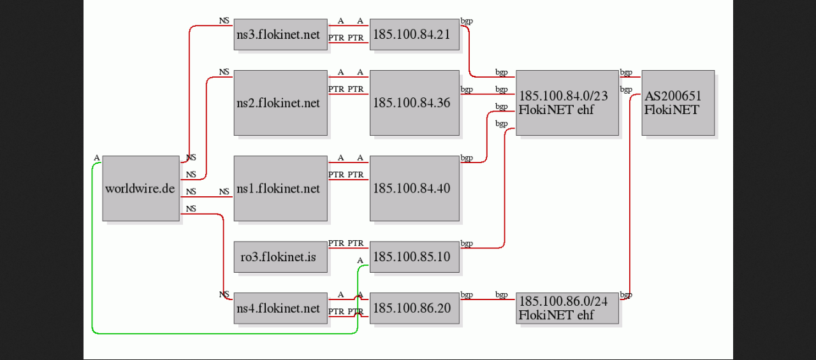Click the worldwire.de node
click(x=141, y=188)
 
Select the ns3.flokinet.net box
click(x=280, y=34)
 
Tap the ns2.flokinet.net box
click(x=280, y=103)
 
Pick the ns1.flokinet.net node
click(x=280, y=188)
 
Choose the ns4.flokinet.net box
click(x=280, y=308)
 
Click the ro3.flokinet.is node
click(x=280, y=257)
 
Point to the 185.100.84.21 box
click(x=414, y=34)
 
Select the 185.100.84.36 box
click(x=414, y=103)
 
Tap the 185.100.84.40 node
click(x=414, y=188)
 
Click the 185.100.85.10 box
click(x=414, y=257)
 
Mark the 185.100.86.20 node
click(x=414, y=308)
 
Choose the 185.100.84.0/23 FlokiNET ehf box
click(x=567, y=103)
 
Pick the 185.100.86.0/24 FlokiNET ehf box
click(x=567, y=308)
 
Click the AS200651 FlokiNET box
click(x=678, y=103)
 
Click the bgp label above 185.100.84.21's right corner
click(x=467, y=21)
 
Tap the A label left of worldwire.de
click(x=96, y=157)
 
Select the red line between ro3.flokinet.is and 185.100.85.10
click(x=349, y=248)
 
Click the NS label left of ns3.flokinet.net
click(x=224, y=21)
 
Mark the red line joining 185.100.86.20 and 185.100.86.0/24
click(x=488, y=299)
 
